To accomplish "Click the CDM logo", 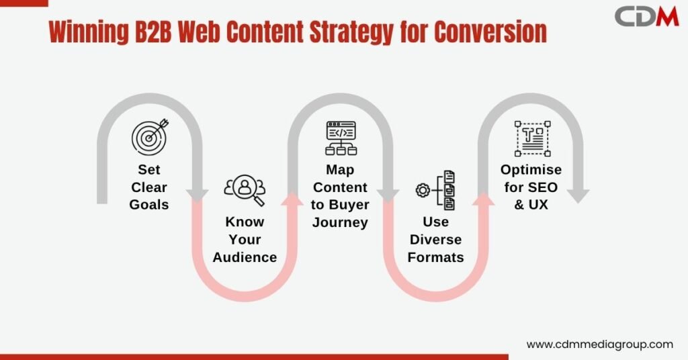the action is tap(646, 17).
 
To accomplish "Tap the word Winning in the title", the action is tap(88, 32).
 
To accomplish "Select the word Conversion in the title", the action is tap(490, 32).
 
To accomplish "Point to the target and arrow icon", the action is tap(150, 136).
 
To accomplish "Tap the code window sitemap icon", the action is tap(341, 138).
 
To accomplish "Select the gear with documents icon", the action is tap(435, 190).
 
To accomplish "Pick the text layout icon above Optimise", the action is tap(532, 138).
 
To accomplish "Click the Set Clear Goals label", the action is tap(149, 187).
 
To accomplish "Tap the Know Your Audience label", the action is tap(245, 239).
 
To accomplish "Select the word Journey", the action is tap(340, 222).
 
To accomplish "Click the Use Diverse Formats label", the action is tap(435, 239).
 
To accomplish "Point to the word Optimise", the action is tap(531, 170).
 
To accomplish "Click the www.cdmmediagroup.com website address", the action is tap(600, 345).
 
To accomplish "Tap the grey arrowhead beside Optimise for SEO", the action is tap(578, 196).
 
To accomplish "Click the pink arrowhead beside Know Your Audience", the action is tap(292, 198).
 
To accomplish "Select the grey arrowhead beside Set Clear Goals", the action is tap(197, 196).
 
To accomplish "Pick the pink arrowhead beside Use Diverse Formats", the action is tap(483, 198).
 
